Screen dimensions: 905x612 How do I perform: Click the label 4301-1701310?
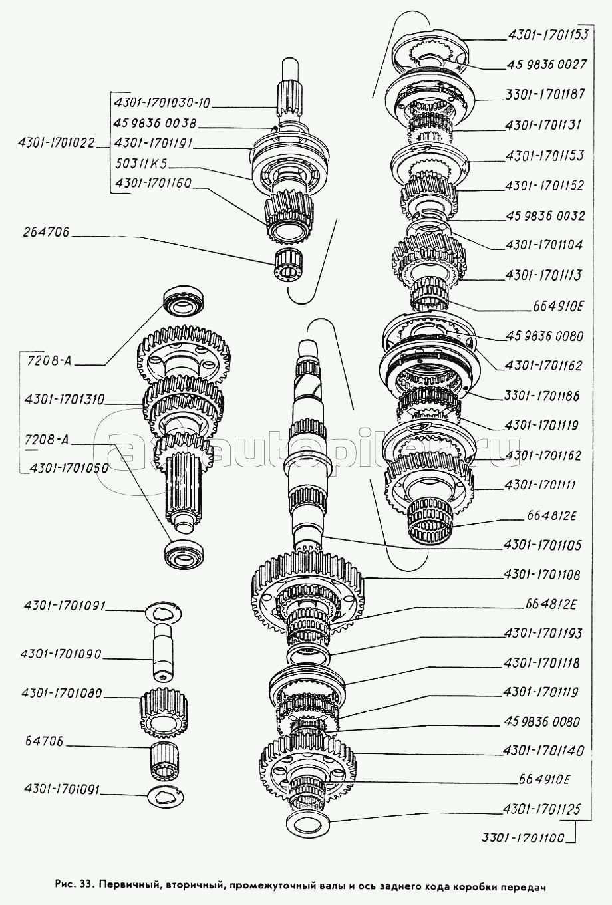click(x=64, y=400)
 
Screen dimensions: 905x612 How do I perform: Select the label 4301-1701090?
click(x=63, y=654)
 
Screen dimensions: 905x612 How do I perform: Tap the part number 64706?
click(x=43, y=741)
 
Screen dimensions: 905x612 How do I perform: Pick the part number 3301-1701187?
click(x=544, y=94)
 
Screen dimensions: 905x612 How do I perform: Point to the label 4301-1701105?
click(x=543, y=545)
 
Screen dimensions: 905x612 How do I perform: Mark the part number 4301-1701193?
click(x=542, y=634)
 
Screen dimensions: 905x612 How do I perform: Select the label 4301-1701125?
click(x=543, y=809)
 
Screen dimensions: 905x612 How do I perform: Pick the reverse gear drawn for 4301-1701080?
click(x=165, y=714)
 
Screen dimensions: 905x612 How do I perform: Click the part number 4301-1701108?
click(x=542, y=574)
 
